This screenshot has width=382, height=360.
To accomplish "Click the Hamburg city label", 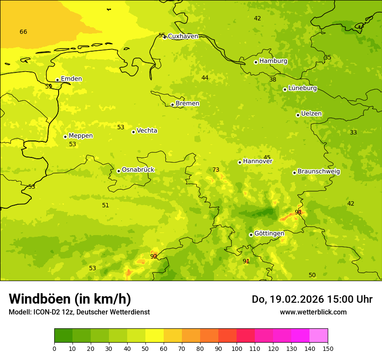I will tap(273, 61).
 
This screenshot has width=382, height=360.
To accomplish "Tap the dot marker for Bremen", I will tap(172, 105).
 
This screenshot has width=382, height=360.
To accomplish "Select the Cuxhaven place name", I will tap(183, 36).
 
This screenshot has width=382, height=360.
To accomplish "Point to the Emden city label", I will tap(71, 79).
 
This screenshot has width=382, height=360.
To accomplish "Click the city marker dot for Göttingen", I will tap(251, 235).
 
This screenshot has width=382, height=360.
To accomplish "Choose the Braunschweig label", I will tap(319, 172).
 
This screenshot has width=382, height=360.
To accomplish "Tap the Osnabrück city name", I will tap(138, 170).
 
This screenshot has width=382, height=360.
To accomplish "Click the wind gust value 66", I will tap(23, 32).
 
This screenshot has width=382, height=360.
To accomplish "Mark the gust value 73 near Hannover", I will tap(216, 170).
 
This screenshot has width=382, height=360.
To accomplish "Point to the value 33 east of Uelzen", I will tap(353, 133).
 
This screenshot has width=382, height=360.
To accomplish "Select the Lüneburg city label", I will tap(303, 88).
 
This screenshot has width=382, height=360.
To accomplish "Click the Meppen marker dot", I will tap(65, 137).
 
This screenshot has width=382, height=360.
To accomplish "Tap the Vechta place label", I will tap(147, 131).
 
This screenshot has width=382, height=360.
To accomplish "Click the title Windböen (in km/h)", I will tap(70, 299).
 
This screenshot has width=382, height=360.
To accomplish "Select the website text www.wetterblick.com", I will tap(313, 312).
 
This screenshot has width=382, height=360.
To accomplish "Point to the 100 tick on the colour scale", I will tap(237, 348).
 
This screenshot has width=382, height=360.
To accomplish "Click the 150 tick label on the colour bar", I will tap(328, 348).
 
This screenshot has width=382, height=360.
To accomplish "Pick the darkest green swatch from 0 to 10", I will tap(63, 336).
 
